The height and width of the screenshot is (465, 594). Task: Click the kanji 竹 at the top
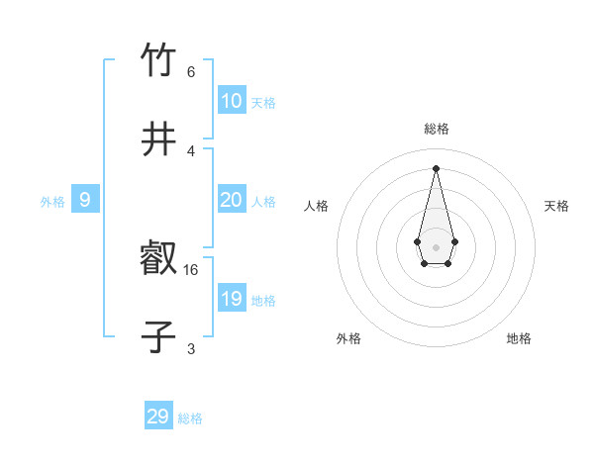[x=158, y=60]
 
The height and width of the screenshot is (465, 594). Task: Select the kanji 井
[x=158, y=139]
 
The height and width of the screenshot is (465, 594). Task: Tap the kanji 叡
[x=158, y=259]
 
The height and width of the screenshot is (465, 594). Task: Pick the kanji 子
[x=158, y=337]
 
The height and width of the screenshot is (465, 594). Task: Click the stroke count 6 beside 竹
[x=191, y=71]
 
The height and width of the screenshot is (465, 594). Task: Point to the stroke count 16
[x=192, y=269]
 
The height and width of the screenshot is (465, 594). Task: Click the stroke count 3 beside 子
[x=191, y=348]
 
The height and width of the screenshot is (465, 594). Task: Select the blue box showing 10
[x=232, y=100]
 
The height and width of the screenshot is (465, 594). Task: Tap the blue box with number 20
[x=232, y=200]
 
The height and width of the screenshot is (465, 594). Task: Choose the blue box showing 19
[x=232, y=299]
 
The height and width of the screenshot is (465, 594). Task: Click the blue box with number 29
[x=158, y=417]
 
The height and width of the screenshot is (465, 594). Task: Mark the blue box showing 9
[x=85, y=200]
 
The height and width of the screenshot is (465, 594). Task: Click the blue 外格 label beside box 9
[x=52, y=202]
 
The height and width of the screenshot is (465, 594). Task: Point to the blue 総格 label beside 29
[x=190, y=418]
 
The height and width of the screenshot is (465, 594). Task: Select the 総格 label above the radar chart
[x=436, y=130]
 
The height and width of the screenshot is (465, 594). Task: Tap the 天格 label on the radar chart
[x=557, y=206]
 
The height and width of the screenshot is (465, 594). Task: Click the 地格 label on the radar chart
[x=519, y=338]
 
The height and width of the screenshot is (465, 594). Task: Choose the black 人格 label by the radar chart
[x=317, y=206]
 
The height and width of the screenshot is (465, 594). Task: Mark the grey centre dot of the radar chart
[x=436, y=245]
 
